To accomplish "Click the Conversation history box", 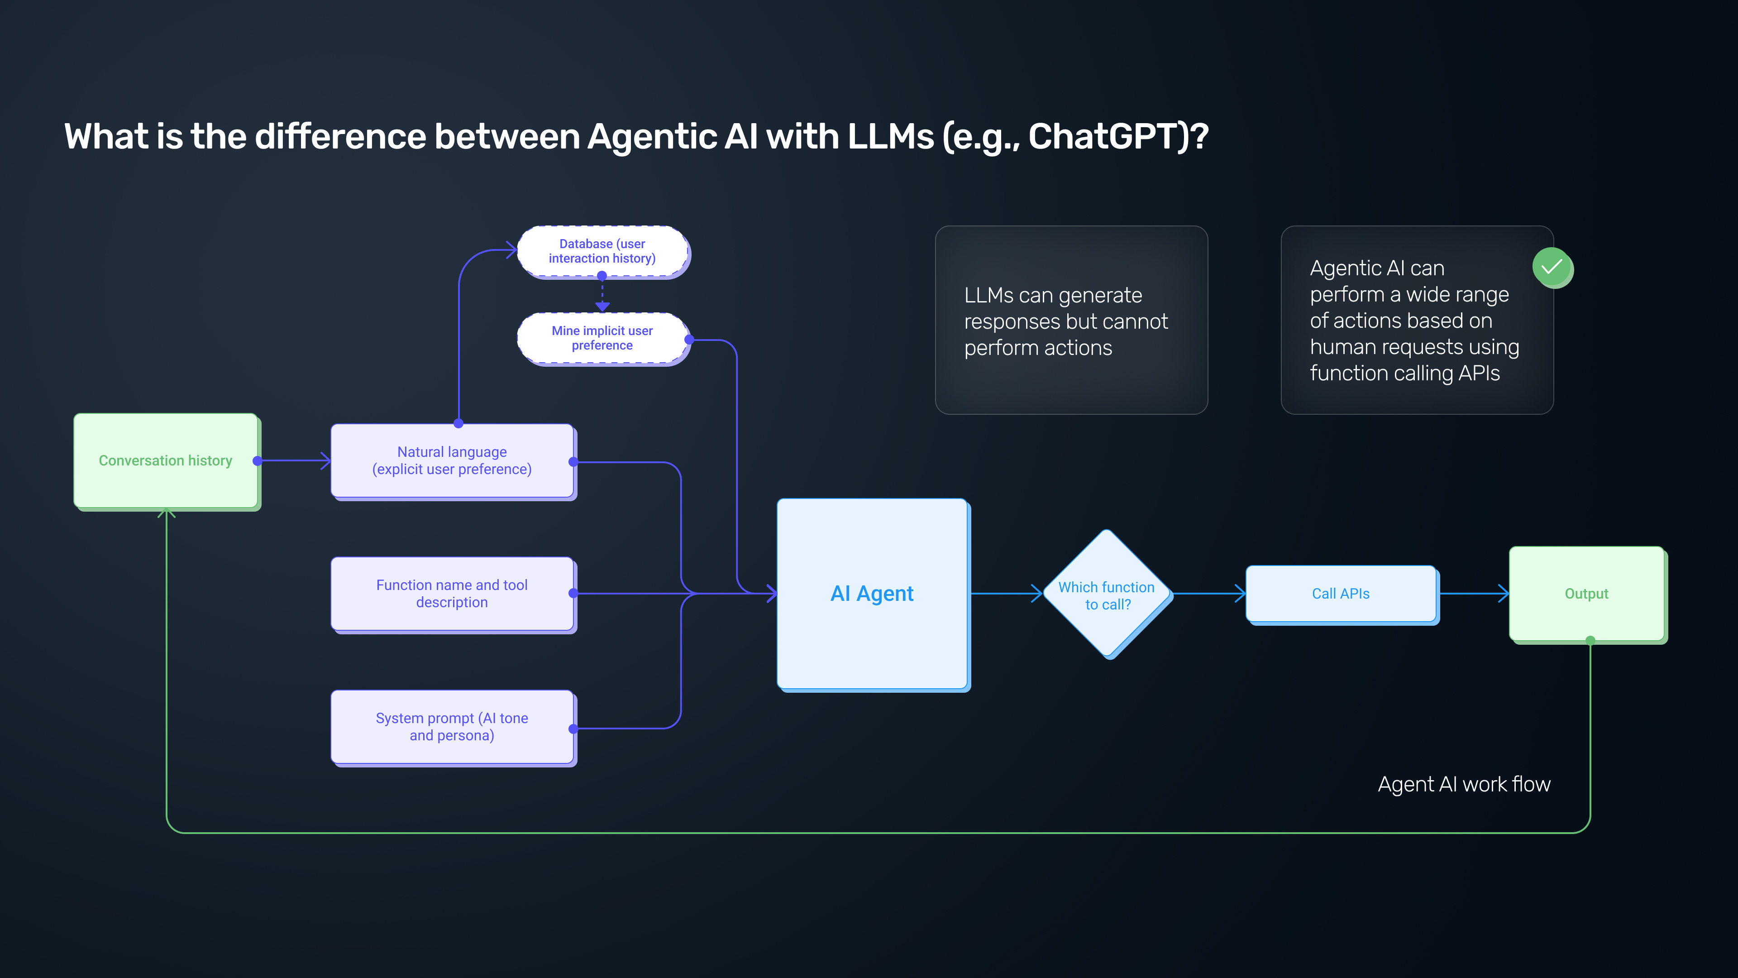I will (165, 460).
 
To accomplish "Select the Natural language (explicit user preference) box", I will (452, 460).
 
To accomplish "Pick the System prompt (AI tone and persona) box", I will (452, 726).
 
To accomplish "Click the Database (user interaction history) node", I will (602, 251).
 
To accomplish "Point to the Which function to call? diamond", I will (1107, 594).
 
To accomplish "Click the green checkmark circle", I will (1552, 267).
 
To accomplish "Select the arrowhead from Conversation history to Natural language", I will (326, 461).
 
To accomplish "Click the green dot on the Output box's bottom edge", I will (1590, 640).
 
